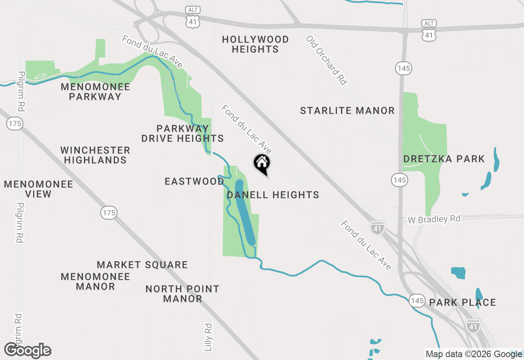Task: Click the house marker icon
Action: (262, 163)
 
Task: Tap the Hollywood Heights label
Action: (255, 44)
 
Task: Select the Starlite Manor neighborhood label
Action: (347, 110)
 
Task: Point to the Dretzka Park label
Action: (444, 159)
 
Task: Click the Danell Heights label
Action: (273, 195)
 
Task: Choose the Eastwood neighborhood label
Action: (194, 181)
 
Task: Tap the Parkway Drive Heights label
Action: (183, 133)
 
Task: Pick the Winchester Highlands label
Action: (95, 155)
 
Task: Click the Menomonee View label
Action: (38, 189)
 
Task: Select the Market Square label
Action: (142, 265)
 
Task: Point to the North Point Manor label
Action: (183, 294)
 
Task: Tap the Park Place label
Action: (463, 302)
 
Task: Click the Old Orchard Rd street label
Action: (326, 60)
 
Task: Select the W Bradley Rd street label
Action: (434, 219)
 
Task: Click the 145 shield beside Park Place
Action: (417, 301)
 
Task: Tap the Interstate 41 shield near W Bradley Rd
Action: (377, 227)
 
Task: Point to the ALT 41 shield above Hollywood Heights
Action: (192, 18)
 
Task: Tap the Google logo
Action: (28, 351)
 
